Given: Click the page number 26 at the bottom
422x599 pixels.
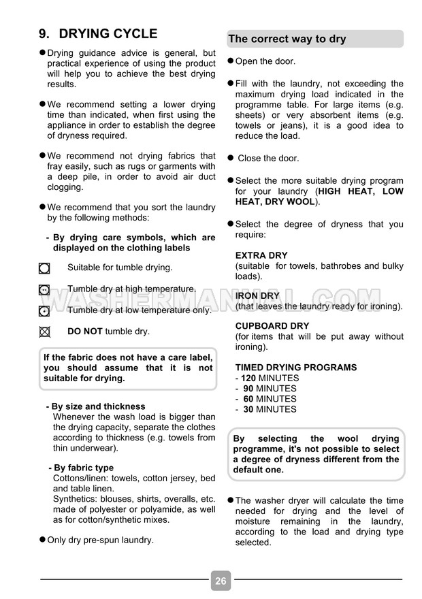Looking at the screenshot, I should point(221,581).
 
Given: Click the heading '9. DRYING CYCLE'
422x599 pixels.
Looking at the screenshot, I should point(98,34).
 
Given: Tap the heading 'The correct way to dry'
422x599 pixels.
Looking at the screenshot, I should point(287,39).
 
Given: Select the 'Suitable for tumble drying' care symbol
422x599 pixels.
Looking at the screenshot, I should point(45,268).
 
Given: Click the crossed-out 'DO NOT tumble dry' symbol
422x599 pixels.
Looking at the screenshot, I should point(45,332).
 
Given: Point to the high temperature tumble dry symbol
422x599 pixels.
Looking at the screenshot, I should point(45,289).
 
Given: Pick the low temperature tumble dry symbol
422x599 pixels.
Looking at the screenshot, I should point(45,311).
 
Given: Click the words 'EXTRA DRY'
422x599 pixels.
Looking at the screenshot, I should point(261,256).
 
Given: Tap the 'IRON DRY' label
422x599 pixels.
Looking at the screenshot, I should point(257,296).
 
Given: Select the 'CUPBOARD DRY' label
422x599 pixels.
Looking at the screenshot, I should point(272,326).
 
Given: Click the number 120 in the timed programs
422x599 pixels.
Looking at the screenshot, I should point(249,378).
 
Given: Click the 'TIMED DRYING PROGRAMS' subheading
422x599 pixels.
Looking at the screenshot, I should point(296,368).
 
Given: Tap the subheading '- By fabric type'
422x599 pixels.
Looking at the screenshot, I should point(81,468).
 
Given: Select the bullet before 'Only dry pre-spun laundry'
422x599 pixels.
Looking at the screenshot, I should point(42,540).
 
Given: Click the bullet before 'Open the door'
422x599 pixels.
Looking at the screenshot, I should point(230,61).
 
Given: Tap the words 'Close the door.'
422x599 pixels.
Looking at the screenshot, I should point(268,159).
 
